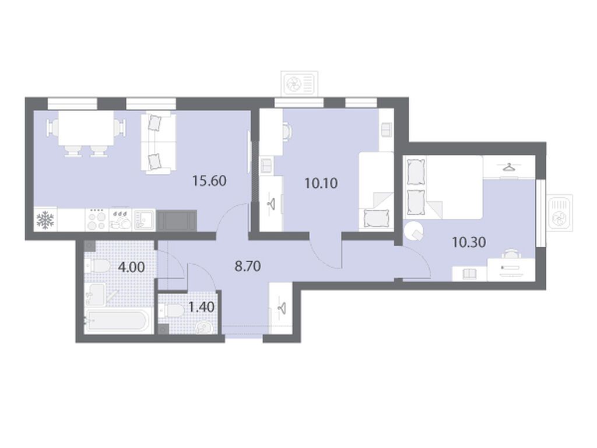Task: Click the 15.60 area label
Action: point(209,181)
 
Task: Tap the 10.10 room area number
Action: point(321,183)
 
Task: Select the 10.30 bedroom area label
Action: point(469,242)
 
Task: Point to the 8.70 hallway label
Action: point(248,266)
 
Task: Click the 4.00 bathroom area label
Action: point(131,267)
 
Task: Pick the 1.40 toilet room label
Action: point(201,307)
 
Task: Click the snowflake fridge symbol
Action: point(45,220)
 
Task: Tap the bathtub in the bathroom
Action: point(116,321)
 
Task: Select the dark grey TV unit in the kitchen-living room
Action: point(177,220)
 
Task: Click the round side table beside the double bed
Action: point(413,230)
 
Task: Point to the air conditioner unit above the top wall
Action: point(299,83)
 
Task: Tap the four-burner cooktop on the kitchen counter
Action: point(97,220)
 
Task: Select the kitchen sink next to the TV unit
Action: point(145,220)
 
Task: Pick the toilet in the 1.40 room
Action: point(172,310)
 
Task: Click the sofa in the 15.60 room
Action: point(159,143)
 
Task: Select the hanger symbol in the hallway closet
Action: point(281,307)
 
